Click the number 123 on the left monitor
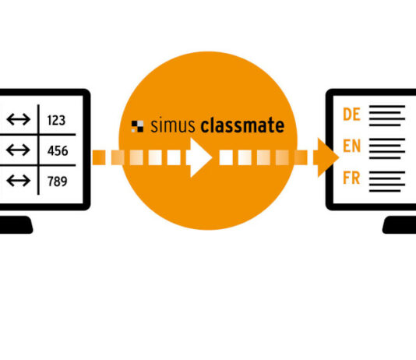tap(56, 120)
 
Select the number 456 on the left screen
tap(58, 150)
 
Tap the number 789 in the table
tap(58, 182)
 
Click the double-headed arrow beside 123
tap(18, 119)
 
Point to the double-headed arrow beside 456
tap(18, 150)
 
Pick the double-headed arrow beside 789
tap(18, 181)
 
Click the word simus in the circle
tap(173, 125)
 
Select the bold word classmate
tap(242, 125)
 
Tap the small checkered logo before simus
tap(137, 126)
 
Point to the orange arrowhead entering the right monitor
tap(326, 157)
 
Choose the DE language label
tap(351, 115)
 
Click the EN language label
tap(352, 146)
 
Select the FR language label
tap(351, 178)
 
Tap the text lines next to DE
tap(387, 115)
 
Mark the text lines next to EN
tap(387, 149)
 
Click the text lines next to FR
tap(387, 182)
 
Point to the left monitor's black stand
tap(16, 225)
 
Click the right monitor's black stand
tap(400, 225)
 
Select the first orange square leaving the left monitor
tap(99, 157)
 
